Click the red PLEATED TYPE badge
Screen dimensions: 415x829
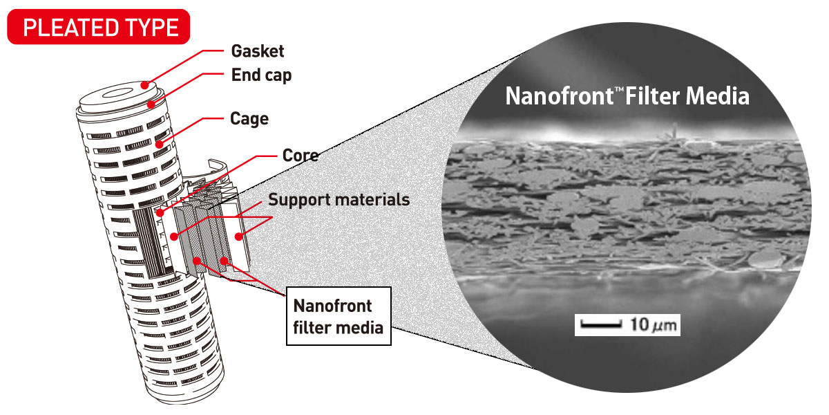(101, 28)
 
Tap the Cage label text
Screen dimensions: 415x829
(249, 118)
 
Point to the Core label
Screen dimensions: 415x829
(301, 155)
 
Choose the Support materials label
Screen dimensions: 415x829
(339, 200)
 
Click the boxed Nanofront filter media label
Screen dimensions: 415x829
(338, 316)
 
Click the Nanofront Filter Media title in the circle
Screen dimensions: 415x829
(627, 95)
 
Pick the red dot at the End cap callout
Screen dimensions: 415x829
(150, 104)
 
